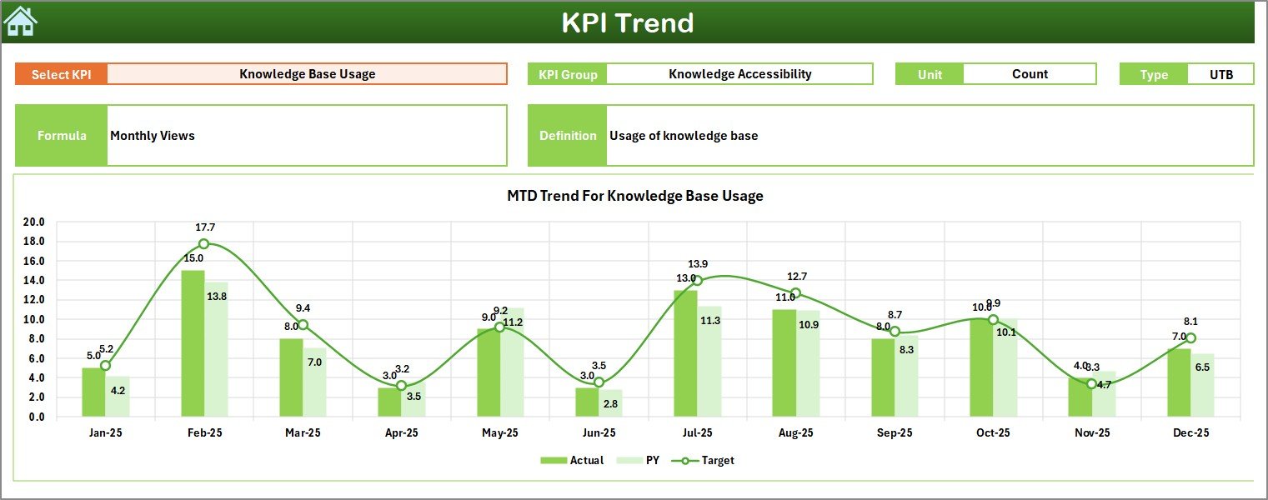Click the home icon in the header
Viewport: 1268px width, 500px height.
point(21,21)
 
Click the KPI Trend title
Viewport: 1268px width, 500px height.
point(627,22)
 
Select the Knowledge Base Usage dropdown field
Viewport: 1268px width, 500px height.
point(307,74)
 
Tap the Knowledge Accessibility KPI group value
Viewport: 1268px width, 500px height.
point(739,74)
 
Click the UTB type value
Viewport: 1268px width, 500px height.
point(1220,74)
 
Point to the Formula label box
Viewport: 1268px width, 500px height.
point(62,136)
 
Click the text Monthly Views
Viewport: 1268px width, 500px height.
point(153,136)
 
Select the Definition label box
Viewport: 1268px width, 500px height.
point(568,136)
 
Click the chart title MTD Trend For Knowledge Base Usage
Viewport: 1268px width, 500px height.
point(634,196)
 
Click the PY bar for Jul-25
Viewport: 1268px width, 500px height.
point(709,362)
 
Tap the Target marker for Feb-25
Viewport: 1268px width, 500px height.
point(204,244)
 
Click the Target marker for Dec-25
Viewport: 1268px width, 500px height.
point(1190,337)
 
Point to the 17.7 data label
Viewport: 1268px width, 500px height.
point(205,227)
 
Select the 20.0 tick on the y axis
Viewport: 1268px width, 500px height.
point(34,222)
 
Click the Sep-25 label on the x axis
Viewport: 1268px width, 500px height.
point(895,432)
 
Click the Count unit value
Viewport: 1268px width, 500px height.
point(1030,74)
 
